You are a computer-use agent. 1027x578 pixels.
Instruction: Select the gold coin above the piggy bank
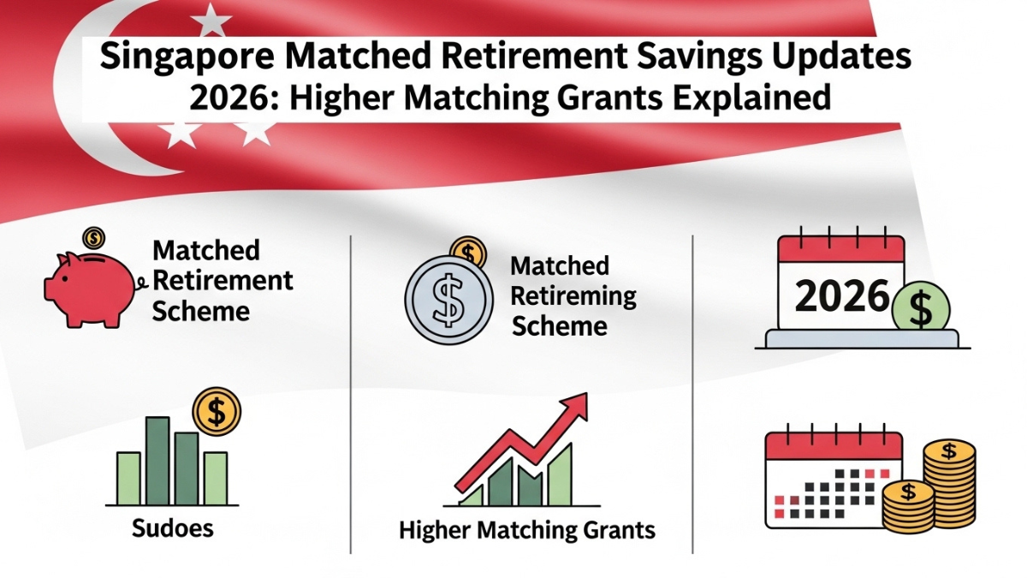point(92,236)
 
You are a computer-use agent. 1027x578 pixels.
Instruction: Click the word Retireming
point(573,296)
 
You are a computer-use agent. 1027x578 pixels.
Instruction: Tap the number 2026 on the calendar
point(842,297)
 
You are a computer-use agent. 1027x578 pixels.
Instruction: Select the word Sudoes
point(173,528)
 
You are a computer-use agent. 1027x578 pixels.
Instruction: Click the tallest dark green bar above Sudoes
point(157,460)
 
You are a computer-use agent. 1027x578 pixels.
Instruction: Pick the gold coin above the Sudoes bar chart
point(216,411)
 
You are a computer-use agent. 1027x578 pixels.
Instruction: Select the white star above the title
point(211,18)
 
